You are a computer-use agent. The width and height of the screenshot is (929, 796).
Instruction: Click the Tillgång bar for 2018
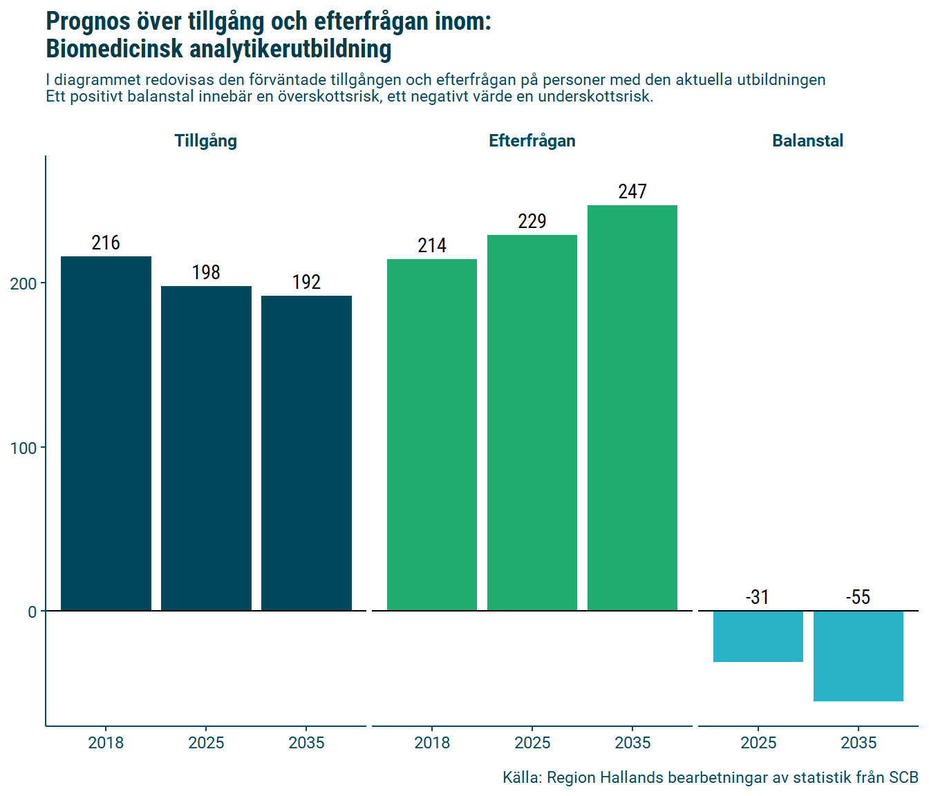click(x=106, y=433)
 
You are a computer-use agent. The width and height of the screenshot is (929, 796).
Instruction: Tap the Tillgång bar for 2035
click(x=306, y=453)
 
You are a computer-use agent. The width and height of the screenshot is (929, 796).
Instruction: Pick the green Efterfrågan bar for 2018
click(x=432, y=435)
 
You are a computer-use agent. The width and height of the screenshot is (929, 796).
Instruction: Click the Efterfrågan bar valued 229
click(x=532, y=422)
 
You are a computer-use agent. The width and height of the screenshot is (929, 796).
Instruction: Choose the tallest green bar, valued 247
click(x=632, y=408)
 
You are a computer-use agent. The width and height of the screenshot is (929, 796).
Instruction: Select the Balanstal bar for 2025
click(x=758, y=636)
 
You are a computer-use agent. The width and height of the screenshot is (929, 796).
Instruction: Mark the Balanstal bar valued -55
click(x=858, y=656)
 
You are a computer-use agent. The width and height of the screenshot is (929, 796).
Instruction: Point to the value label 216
click(x=106, y=243)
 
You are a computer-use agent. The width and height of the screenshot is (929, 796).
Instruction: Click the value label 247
click(x=632, y=192)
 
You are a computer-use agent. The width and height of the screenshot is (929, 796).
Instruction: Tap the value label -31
click(x=758, y=597)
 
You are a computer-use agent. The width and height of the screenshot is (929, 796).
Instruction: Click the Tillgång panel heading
click(x=206, y=141)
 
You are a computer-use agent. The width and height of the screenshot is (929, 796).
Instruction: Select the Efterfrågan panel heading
click(x=532, y=141)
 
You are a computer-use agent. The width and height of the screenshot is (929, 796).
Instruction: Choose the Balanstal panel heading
click(x=807, y=141)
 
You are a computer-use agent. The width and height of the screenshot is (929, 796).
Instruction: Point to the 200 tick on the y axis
click(x=24, y=284)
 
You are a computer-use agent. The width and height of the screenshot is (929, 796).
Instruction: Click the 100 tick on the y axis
click(x=24, y=448)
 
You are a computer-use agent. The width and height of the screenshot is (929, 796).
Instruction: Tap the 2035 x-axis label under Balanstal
click(x=858, y=743)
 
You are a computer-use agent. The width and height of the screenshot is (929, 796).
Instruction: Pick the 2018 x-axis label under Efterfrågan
click(x=432, y=743)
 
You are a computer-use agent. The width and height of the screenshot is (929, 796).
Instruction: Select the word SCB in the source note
click(x=903, y=778)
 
